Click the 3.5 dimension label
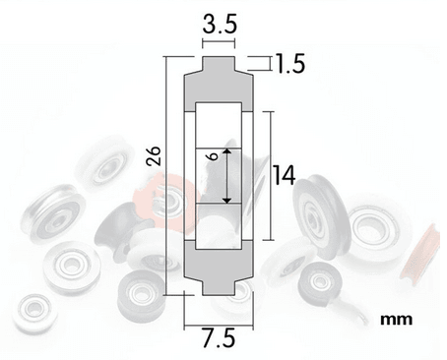(220, 24)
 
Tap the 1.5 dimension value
(289, 63)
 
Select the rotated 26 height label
(154, 155)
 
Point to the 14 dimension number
(285, 175)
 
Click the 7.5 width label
(219, 338)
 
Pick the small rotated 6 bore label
(214, 155)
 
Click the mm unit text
(396, 319)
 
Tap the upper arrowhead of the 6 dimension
(227, 151)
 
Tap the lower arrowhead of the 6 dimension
(227, 200)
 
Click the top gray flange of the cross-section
(219, 63)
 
